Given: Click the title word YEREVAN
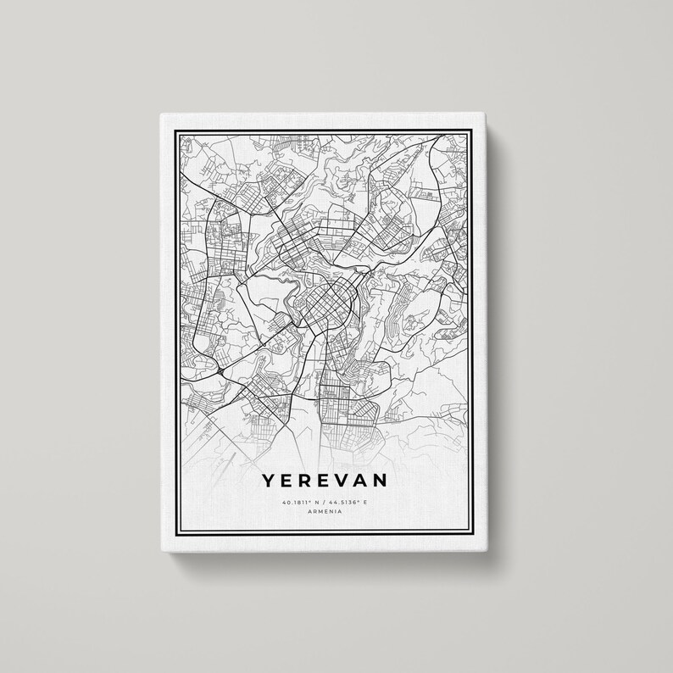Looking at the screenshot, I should click(x=326, y=481).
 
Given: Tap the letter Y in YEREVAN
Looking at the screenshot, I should click(x=268, y=481).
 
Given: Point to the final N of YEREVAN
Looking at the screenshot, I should click(x=384, y=481).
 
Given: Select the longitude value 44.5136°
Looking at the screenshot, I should click(x=348, y=503).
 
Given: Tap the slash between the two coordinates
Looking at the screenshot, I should click(x=326, y=503).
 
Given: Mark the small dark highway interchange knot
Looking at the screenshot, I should click(x=220, y=370).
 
